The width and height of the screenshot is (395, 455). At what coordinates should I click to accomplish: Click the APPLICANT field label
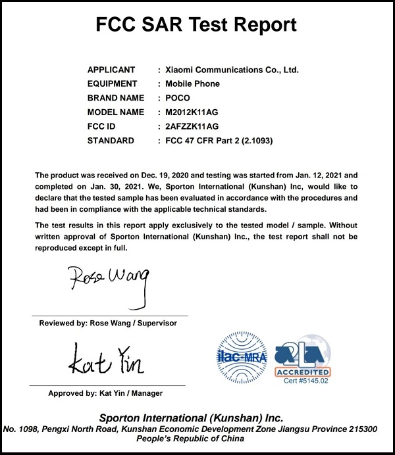click(111, 70)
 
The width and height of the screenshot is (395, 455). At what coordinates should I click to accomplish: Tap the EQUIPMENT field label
click(112, 84)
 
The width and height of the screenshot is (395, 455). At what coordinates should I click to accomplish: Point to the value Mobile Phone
click(193, 84)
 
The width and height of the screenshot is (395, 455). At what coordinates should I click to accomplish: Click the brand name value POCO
click(178, 98)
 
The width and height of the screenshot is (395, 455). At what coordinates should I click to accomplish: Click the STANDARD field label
click(111, 141)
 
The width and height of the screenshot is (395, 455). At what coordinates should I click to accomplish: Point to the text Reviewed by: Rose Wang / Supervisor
click(108, 323)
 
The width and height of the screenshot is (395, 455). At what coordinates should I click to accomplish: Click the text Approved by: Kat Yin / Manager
click(105, 393)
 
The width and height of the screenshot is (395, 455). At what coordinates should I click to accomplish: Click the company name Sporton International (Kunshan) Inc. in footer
click(191, 418)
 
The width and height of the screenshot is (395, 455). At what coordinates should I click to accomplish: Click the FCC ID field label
click(101, 126)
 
